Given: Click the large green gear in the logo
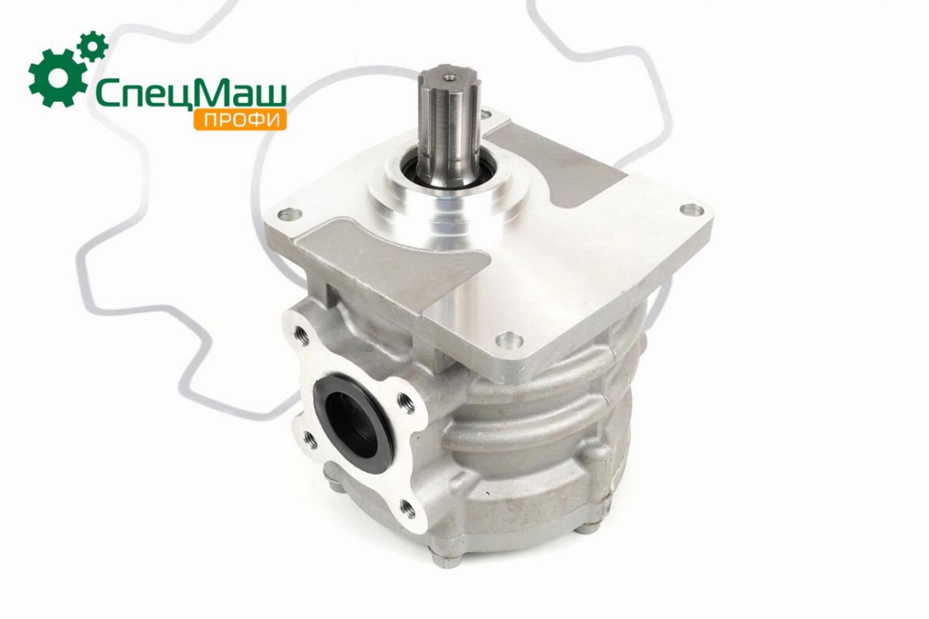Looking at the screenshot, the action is (x=58, y=78).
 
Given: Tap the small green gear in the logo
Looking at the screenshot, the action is (x=93, y=47).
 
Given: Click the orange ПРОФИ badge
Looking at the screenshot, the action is (x=240, y=120).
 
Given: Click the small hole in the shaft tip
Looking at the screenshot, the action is (x=449, y=77).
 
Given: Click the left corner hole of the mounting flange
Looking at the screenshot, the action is (x=290, y=215).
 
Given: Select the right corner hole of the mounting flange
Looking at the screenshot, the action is (x=692, y=208).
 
